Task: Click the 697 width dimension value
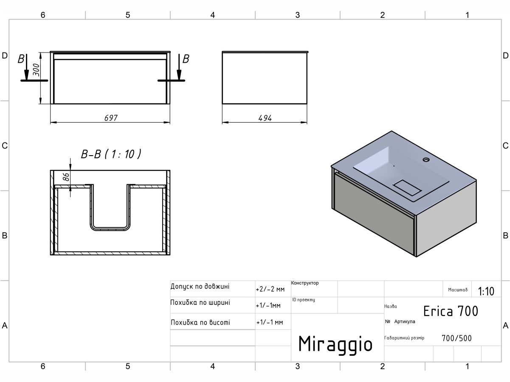tap(111, 118)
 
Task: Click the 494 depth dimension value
tap(265, 118)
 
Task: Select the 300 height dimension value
tap(36, 70)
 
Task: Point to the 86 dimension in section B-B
tap(66, 177)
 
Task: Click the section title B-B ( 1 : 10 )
tap(111, 154)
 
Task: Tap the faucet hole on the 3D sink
tap(426, 159)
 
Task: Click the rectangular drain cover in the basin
tap(407, 188)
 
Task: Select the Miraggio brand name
tap(335, 345)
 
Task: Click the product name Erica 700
tap(451, 311)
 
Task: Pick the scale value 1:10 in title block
tap(486, 291)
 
